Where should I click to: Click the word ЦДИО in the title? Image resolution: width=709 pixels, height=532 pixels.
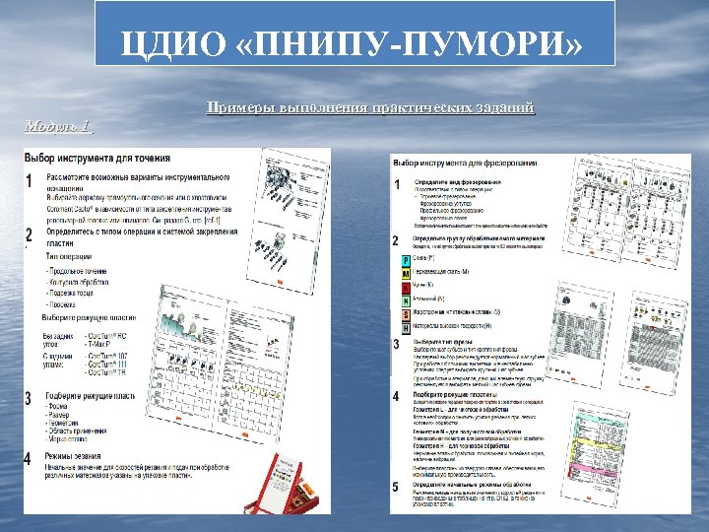172,44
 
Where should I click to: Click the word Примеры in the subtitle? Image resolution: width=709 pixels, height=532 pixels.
241,106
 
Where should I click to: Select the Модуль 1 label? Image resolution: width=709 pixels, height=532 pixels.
57,125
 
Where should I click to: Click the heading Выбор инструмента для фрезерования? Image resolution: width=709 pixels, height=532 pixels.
465,162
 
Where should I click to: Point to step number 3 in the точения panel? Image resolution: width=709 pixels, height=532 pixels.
30,398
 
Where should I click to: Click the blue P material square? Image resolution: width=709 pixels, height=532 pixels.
407,260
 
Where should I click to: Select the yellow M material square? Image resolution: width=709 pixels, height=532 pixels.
407,273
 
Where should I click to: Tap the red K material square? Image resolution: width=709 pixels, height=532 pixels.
407,287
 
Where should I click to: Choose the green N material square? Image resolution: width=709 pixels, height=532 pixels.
407,300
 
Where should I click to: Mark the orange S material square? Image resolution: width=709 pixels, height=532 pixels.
407,314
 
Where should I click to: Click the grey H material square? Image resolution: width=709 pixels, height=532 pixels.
407,327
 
